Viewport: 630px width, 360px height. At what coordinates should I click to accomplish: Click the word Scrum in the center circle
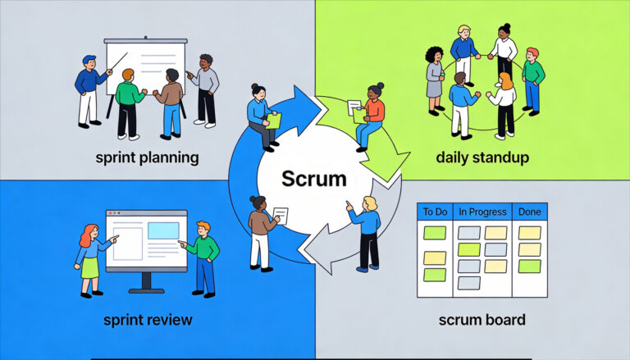[314, 178]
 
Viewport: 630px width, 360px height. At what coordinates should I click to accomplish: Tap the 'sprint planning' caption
[146, 157]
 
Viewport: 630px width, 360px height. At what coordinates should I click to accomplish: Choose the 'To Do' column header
[434, 212]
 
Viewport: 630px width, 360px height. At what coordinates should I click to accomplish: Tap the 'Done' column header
[530, 212]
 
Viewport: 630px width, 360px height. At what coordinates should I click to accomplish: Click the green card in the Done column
[530, 266]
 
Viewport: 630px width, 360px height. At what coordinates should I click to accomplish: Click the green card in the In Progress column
[468, 249]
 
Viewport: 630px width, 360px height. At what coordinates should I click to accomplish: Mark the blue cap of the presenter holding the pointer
[89, 60]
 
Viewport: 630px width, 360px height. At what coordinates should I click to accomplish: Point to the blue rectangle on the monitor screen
[162, 230]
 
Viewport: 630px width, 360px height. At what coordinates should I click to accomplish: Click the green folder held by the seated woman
[274, 121]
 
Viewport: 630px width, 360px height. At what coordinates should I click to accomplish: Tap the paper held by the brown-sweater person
[281, 216]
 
